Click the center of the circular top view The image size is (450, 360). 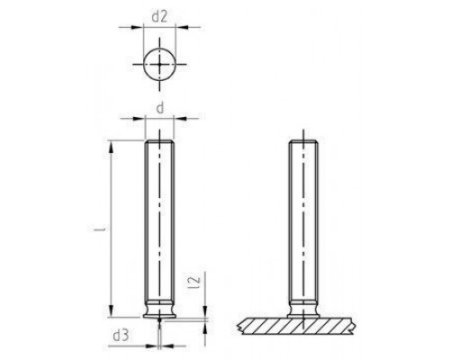(x=160, y=65)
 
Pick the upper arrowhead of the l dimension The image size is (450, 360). (x=111, y=144)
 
